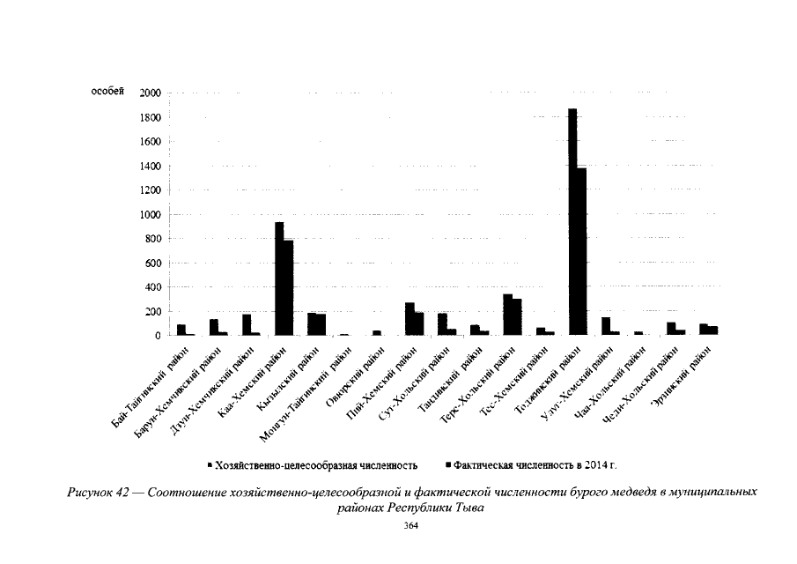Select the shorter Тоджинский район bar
pyautogui.click(x=581, y=252)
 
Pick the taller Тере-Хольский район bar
pyautogui.click(x=507, y=315)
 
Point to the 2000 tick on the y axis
pyautogui.click(x=150, y=93)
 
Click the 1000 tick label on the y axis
pyautogui.click(x=150, y=214)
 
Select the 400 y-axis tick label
pyautogui.click(x=152, y=287)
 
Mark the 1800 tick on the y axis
pyautogui.click(x=150, y=117)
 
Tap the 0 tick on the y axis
pyautogui.click(x=159, y=336)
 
